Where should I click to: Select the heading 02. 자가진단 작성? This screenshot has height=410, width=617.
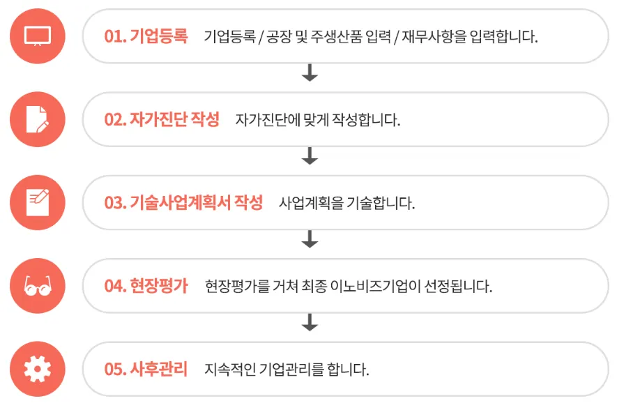click(162, 120)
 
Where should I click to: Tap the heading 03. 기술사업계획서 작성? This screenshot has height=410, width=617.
click(183, 203)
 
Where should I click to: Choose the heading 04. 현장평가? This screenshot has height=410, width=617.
click(146, 287)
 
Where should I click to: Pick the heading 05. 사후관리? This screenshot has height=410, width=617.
click(146, 370)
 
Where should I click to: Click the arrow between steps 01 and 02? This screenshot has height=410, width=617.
click(310, 73)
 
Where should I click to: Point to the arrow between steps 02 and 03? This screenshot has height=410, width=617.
click(310, 156)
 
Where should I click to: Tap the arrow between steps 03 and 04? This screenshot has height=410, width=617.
click(310, 239)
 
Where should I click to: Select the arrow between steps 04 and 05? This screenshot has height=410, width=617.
click(310, 322)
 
